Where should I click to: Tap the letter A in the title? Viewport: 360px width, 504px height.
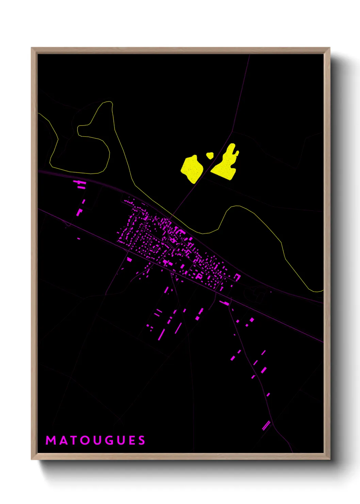pos(63,440)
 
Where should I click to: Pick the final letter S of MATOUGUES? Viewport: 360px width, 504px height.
pos(142,440)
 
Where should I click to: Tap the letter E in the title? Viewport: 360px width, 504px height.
pos(131,440)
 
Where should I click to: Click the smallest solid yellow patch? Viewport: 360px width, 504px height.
pos(210,156)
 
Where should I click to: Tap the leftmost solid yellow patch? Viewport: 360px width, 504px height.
pos(192,169)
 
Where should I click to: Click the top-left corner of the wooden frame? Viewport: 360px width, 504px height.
pos(32,48)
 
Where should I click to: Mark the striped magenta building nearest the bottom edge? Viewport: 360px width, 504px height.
pos(266,425)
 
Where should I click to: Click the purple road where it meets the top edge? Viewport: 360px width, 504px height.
pos(250,55)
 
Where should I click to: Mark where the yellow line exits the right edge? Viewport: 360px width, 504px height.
pos(323,290)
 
